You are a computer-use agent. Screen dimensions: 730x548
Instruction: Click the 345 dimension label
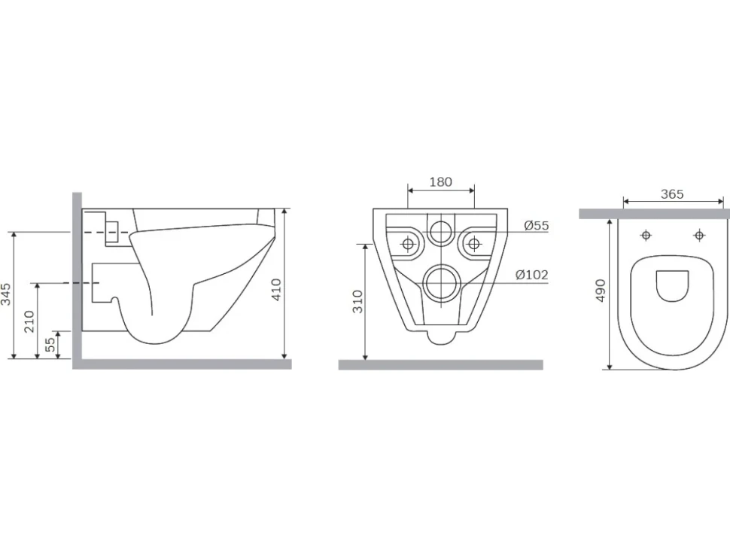point(5,294)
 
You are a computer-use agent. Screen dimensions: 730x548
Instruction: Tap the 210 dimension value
point(29,321)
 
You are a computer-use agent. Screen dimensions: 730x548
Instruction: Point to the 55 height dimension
point(50,344)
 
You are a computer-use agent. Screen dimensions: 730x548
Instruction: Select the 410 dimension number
point(276,289)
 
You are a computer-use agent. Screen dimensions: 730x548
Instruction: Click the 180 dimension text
point(440,181)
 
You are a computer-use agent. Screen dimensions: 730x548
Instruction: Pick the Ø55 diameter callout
point(537,225)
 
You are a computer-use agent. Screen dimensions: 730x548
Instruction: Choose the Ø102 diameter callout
point(531,275)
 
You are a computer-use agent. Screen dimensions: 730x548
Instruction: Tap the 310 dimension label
point(357,301)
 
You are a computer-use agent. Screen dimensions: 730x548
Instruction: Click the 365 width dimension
point(672,193)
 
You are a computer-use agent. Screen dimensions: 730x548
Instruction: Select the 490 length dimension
point(601,291)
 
